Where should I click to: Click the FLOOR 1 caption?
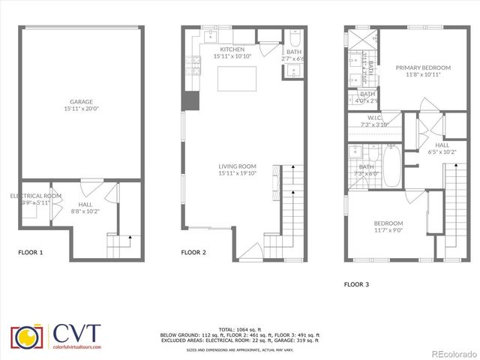(31, 253)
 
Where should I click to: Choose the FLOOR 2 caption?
(193, 253)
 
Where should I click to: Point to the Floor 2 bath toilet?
(295, 40)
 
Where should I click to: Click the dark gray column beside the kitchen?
(191, 101)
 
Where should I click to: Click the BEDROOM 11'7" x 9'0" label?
(388, 226)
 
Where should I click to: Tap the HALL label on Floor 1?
(84, 206)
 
